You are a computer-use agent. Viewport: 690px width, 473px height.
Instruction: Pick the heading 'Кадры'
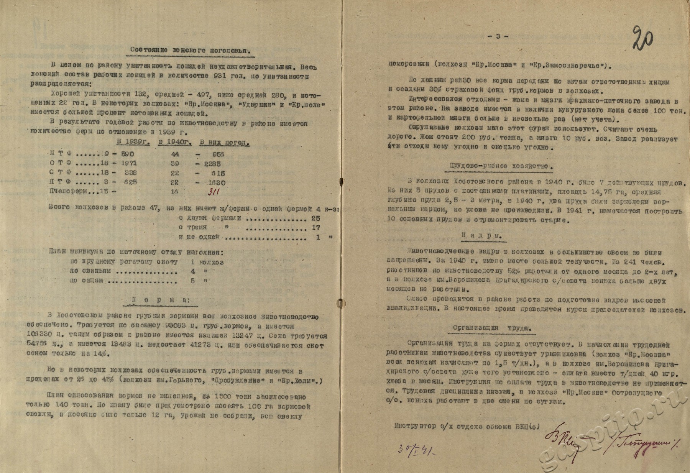486,236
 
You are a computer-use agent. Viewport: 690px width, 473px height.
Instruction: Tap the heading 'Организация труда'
492,328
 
